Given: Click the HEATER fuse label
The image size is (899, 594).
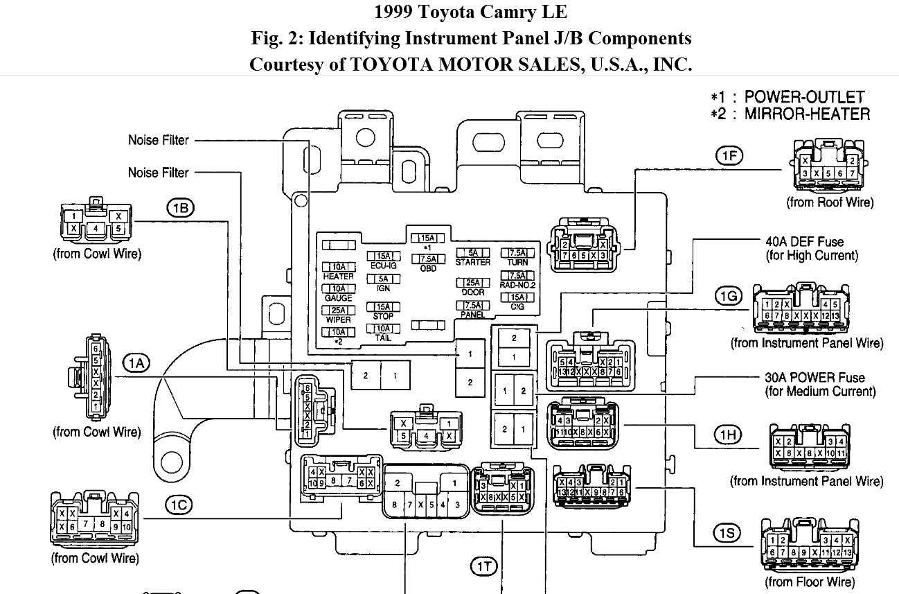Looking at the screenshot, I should coord(338,277).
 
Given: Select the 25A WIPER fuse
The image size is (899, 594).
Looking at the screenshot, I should coord(339,311).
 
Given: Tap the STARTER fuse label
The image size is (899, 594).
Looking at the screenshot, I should coord(473,262).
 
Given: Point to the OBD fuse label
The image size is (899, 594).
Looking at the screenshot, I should coord(428,268).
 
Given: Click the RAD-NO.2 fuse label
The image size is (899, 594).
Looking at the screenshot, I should coord(518,284).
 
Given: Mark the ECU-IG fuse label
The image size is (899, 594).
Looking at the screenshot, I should coord(383,265).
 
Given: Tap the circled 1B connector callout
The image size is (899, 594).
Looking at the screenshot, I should coord(180,207).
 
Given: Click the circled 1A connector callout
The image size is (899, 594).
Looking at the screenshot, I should coord(136,362).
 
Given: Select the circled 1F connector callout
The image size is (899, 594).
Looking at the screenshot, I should coord(729,156).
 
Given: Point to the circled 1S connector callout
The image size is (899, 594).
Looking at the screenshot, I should coord(728,533).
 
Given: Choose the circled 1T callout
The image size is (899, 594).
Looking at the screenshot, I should coord(484,567).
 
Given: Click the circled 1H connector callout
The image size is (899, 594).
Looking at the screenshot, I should coord(728,435).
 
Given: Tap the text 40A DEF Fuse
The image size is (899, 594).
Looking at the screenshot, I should coord(804,242).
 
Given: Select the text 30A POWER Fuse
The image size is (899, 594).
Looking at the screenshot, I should coord(815,378).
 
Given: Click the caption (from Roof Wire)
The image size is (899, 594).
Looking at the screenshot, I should coord(830,202).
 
